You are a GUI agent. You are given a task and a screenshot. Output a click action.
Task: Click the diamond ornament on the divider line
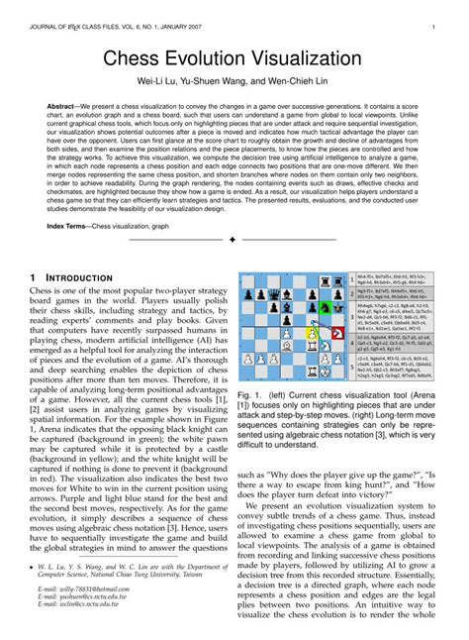click(232, 241)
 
